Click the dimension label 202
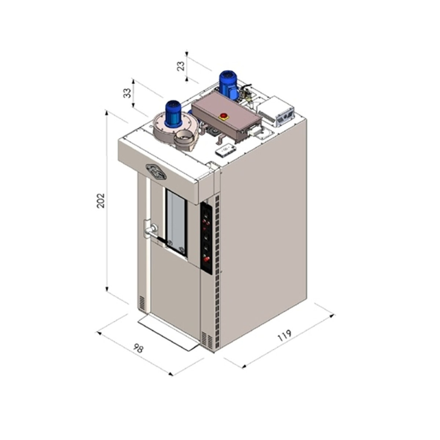point(100,201)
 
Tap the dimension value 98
point(138,348)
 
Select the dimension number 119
point(285,335)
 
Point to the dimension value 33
point(127,93)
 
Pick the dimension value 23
point(181,66)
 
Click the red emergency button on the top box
point(224,116)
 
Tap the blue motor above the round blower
point(173,114)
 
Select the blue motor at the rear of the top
point(228,84)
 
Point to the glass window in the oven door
point(176,222)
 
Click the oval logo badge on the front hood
point(156,172)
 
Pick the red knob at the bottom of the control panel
point(206,259)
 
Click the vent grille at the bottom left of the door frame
point(142,303)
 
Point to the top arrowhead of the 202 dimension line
point(106,112)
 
